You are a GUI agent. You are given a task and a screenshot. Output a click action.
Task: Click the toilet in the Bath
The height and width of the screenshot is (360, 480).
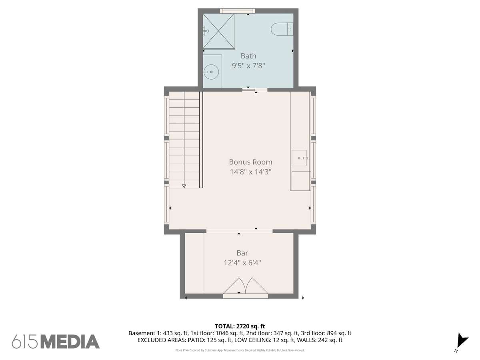[x=282, y=29]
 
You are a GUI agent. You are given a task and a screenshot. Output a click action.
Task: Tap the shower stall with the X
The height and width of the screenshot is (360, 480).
[x=218, y=31]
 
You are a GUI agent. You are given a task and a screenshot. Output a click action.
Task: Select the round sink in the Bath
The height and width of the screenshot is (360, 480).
[x=211, y=72]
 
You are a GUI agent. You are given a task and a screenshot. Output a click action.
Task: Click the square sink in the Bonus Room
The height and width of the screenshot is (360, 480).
[x=299, y=158]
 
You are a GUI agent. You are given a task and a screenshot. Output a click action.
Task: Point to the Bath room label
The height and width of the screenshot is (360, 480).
[x=248, y=56]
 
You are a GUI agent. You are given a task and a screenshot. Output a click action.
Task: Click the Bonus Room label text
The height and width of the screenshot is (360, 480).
[x=250, y=162]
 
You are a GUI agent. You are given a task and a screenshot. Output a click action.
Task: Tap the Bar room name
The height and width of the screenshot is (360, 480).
[x=242, y=253]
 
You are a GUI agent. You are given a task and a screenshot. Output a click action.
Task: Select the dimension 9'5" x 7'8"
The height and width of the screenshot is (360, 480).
[x=248, y=66]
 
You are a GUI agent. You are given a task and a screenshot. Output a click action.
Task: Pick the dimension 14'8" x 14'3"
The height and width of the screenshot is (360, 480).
[x=250, y=172]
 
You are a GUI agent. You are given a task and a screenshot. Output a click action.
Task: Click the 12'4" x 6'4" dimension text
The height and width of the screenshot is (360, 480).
[x=242, y=262]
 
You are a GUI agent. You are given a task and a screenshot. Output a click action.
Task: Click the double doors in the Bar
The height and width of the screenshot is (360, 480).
[x=245, y=286]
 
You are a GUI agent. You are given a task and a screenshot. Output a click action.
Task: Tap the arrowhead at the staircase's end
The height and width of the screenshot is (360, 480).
[x=184, y=186]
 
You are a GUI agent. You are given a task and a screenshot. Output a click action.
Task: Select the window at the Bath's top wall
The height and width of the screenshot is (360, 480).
[x=238, y=11]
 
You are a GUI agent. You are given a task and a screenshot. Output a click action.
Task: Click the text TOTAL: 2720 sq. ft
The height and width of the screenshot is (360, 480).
[x=240, y=326]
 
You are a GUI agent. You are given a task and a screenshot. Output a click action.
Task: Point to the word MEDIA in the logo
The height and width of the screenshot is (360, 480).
[x=70, y=342]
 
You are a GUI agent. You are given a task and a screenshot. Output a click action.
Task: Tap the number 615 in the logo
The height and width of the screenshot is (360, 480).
[x=25, y=342]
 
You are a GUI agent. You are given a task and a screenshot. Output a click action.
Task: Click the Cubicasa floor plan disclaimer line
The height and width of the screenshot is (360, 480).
[x=240, y=350]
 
